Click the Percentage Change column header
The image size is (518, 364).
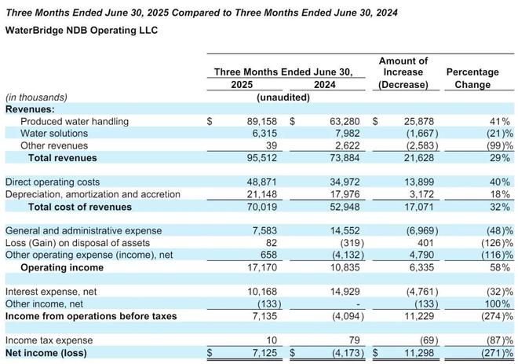(472, 78)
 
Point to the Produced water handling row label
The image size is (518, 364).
(75, 122)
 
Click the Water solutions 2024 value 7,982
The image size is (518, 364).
(337, 134)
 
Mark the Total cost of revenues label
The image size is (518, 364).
(79, 207)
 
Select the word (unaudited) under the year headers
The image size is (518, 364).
(283, 97)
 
